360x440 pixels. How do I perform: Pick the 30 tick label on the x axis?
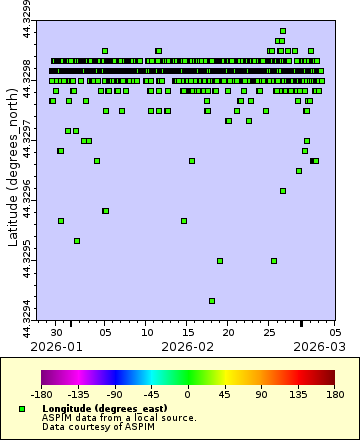(57, 332)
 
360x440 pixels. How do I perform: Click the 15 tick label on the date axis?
(188, 332)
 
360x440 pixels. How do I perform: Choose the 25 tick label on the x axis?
(269, 332)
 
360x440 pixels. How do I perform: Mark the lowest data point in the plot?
(212, 300)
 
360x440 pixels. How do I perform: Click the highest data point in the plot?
(283, 31)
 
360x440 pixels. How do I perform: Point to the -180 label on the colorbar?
(42, 394)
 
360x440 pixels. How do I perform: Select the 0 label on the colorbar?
(188, 394)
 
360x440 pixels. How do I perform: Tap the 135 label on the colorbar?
(298, 394)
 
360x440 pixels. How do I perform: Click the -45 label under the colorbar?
(152, 394)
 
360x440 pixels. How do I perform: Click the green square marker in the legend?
(21, 410)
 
